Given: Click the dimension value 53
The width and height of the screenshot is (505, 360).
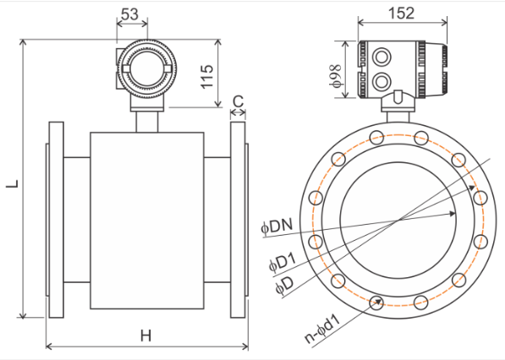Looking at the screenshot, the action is tap(129, 14).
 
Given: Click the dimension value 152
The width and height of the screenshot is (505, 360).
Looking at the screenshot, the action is tap(401, 14).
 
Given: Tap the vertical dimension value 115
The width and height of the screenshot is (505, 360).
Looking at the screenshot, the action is tap(207, 77).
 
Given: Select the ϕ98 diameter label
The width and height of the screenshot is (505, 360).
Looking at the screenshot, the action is tap(335, 76).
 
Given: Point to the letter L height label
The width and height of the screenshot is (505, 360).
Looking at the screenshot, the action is tap(13, 183).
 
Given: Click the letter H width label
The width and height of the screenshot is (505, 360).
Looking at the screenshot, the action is tap(145, 335).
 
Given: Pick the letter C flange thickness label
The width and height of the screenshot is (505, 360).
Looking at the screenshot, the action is tap(238, 101).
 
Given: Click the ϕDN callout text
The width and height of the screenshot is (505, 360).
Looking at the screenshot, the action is tap(277, 226).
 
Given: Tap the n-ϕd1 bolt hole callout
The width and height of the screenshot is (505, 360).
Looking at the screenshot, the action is tap(322, 329).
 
